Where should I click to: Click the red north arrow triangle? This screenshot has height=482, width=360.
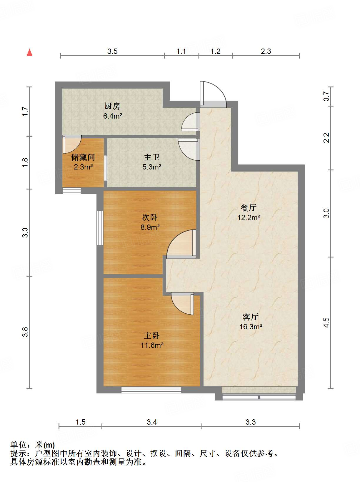(30, 53)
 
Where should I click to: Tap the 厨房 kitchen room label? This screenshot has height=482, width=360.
(112, 106)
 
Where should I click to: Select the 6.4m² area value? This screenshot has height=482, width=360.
(113, 116)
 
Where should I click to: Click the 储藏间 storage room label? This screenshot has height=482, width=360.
(83, 157)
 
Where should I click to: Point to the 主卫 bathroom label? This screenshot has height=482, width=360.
(151, 157)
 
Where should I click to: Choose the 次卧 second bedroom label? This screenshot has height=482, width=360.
(150, 217)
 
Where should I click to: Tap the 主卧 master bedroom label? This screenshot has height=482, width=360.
(151, 335)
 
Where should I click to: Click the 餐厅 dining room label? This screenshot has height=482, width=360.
(248, 208)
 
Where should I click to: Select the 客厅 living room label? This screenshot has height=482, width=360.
(250, 317)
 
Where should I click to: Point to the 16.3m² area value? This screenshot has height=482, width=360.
(251, 327)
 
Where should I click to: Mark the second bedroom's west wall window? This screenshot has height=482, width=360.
(100, 228)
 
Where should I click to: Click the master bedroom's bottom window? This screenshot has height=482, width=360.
(151, 390)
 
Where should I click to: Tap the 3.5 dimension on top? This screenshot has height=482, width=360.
(113, 51)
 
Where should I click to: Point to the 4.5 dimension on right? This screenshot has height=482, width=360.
(326, 323)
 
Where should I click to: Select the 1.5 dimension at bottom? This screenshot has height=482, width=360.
(81, 422)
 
